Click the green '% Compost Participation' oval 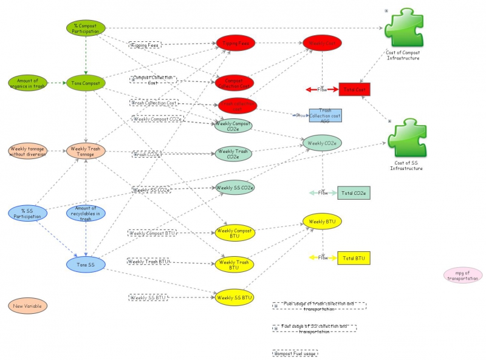(86, 28)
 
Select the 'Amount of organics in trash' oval (27, 83)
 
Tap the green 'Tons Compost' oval (86, 83)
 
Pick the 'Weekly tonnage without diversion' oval (27, 151)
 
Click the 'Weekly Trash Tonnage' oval (86, 151)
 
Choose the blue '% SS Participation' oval (27, 213)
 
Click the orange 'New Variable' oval (27, 306)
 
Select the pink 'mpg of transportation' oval (463, 275)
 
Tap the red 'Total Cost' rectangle (354, 89)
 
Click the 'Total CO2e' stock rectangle (354, 193)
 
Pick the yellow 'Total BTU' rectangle (354, 257)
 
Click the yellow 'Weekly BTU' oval (323, 222)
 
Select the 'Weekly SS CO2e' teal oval (234, 188)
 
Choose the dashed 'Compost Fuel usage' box (295, 353)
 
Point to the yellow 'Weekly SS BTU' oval (234, 297)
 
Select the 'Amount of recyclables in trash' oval (86, 213)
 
